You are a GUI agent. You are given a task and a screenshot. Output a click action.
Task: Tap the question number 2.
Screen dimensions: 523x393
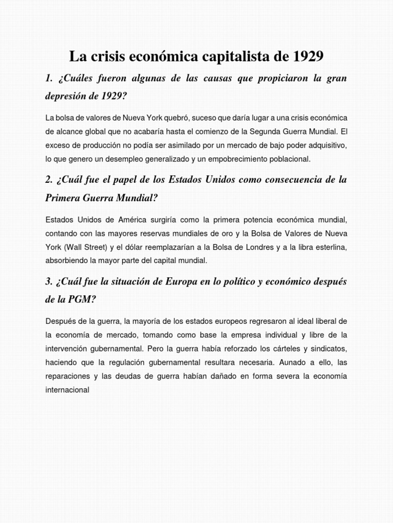pos(49,180)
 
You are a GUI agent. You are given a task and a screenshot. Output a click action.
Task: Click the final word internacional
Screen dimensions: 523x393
pos(68,390)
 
